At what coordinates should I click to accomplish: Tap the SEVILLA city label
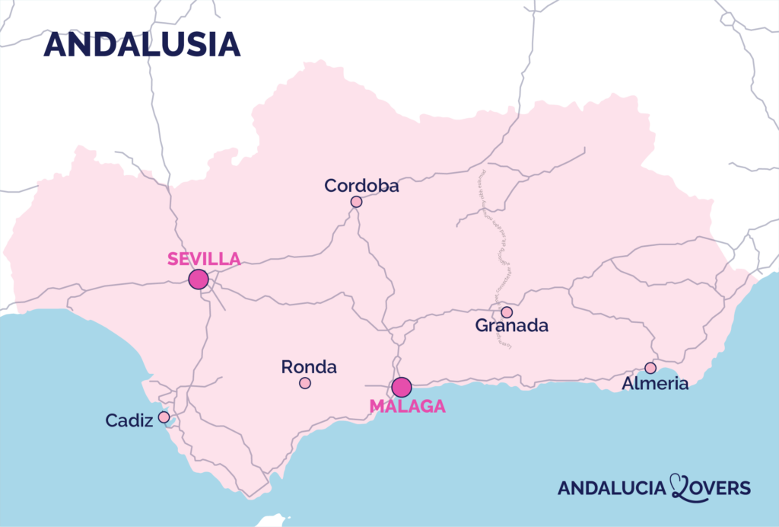[x=204, y=259]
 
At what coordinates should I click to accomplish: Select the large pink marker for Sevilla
[x=199, y=279]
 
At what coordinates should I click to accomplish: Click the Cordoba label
[x=361, y=185]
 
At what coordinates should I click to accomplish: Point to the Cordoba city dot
[x=356, y=202]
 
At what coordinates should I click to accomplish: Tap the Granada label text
[x=512, y=326]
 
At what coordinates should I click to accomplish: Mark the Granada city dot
[x=507, y=312]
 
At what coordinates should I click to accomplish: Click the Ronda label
[x=309, y=367]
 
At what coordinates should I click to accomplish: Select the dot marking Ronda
[x=305, y=383]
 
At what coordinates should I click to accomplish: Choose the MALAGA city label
[x=408, y=407]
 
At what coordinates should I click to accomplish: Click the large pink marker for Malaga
[x=402, y=387]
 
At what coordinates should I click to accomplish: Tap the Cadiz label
[x=130, y=420]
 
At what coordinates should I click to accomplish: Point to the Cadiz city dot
[x=164, y=417]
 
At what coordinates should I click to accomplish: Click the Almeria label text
[x=655, y=384]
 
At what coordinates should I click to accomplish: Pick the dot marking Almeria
[x=650, y=368]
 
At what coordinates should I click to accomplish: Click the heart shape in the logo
[x=679, y=486]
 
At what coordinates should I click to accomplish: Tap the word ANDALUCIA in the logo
[x=612, y=488]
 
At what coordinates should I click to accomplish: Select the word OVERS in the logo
[x=721, y=488]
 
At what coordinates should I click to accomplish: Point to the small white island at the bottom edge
[x=272, y=521]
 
